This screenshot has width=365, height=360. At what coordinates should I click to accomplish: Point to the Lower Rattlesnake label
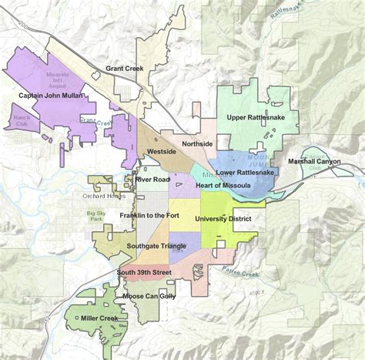coord(245,173)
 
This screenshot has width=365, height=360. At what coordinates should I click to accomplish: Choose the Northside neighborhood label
coord(197,144)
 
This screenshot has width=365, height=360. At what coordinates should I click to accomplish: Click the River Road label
coord(152,180)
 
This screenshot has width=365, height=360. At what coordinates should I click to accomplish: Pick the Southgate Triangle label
coord(158,245)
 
